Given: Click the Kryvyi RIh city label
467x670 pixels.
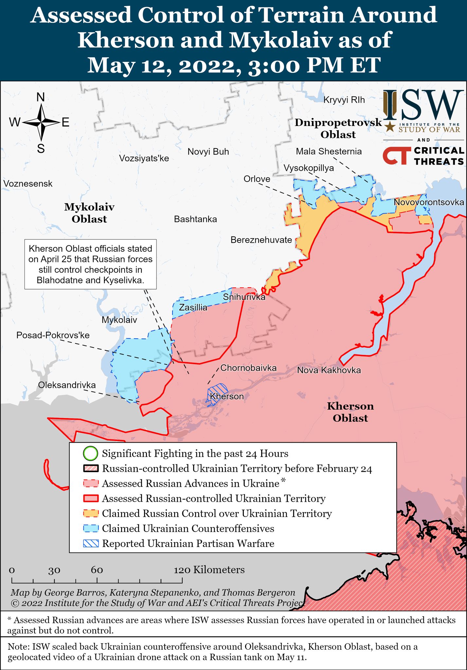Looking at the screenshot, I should point(344,100).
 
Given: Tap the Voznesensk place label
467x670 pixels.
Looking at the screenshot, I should point(28,184).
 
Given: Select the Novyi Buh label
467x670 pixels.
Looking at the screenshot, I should point(208,151).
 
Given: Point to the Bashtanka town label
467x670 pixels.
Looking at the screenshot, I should point(195,219).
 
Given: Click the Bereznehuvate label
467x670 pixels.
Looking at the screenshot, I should point(261,240).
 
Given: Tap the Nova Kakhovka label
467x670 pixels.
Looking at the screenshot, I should point(329,370).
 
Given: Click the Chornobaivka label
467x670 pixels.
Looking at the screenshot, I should point(248,368).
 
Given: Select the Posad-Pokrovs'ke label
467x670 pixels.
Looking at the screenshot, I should point(53,335).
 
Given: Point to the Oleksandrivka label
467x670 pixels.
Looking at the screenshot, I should point(67,385).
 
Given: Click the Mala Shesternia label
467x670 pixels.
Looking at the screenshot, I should point(329,151).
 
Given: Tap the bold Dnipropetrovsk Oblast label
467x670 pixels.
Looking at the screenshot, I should point(338,128).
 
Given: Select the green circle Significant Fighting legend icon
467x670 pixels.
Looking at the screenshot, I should point(91,453).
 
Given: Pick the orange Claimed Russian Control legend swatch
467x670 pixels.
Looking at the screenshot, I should point(91,513).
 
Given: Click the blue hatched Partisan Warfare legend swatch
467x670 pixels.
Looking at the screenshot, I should point(91,543).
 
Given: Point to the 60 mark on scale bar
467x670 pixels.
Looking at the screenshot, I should point(97,570).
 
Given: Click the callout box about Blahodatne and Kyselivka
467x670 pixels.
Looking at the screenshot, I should point(91,264).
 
